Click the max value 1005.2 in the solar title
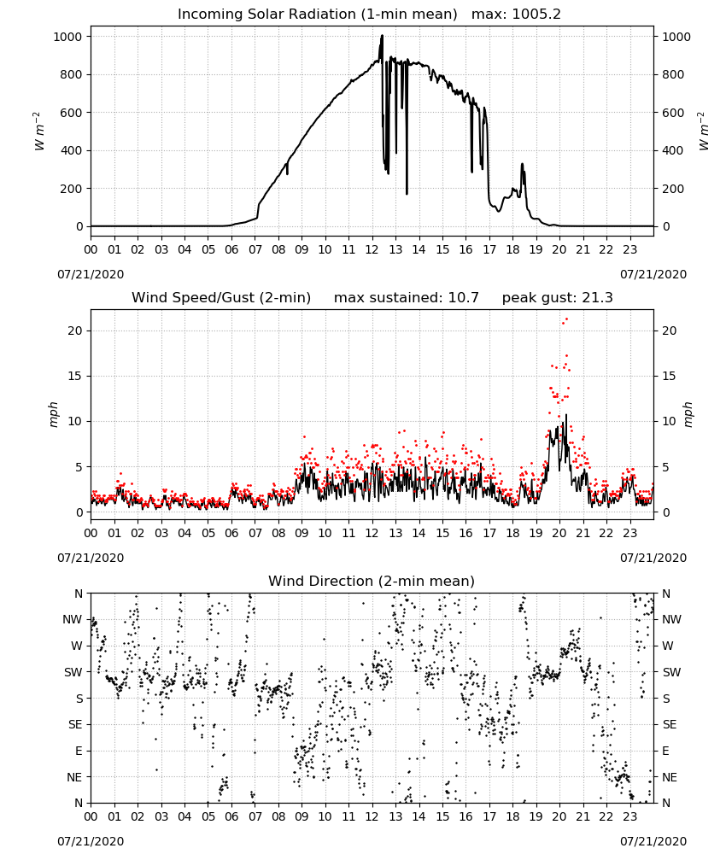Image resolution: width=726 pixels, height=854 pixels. pos(536,15)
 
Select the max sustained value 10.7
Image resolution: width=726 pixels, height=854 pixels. pos(464,298)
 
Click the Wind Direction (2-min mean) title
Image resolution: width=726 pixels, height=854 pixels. pos(372,581)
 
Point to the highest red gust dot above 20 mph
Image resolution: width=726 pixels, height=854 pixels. pos(566,319)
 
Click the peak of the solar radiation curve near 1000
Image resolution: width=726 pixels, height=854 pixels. pos(382,36)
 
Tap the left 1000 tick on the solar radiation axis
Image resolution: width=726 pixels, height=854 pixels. pos(67,37)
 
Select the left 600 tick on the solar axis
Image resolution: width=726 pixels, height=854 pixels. pos(72,113)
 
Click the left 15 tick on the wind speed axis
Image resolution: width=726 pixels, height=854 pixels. pos(75,377)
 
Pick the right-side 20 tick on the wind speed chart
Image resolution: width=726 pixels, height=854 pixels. pos(670,331)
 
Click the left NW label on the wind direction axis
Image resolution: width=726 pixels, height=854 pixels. pos(73,620)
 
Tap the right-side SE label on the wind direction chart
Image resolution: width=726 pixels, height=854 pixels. pos(670,725)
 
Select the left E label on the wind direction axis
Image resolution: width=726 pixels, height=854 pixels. pos(79,751)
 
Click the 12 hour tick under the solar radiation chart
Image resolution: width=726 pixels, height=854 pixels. pos(372,250)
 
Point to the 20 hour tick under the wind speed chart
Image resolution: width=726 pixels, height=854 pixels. pos(559,533)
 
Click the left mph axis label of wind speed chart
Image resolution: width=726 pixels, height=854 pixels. pos(53,415)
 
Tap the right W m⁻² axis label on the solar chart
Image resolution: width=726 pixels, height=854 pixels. pos(704,132)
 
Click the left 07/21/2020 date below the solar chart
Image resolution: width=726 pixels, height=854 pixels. pos(91,274)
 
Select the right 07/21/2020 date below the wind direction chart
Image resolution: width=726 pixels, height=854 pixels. pos(653,841)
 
